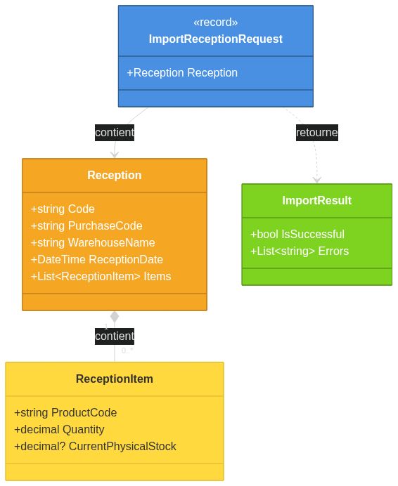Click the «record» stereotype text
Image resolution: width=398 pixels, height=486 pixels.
tap(215, 22)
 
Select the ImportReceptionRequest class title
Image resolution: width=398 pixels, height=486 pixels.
tap(215, 39)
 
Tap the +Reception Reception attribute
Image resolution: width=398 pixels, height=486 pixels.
tap(182, 73)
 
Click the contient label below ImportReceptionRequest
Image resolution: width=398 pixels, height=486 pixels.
tap(115, 131)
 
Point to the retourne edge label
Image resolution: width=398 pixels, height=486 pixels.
tap(316, 131)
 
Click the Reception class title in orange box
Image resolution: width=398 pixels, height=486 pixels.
tap(115, 176)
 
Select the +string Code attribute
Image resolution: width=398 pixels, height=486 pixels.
tap(63, 209)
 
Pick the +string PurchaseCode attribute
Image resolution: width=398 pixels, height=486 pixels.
tap(86, 226)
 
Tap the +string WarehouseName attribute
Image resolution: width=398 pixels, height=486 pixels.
tap(93, 243)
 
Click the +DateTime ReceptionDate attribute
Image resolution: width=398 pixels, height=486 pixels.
tap(97, 260)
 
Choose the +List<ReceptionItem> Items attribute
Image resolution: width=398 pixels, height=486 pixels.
tap(101, 277)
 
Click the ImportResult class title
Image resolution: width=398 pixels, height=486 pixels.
tap(316, 201)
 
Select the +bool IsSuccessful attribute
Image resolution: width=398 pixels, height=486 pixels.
tap(297, 235)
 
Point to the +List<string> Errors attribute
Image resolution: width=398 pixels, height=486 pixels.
tap(300, 251)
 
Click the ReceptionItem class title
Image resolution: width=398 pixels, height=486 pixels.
tap(115, 379)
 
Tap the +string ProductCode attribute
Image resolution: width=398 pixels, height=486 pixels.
tap(65, 413)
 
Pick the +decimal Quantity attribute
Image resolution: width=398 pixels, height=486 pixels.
tap(59, 430)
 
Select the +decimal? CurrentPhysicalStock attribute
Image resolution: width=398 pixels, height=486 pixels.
tap(95, 447)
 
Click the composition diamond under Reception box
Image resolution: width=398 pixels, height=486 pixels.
tap(115, 317)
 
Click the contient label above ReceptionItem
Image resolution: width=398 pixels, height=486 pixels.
tap(115, 336)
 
